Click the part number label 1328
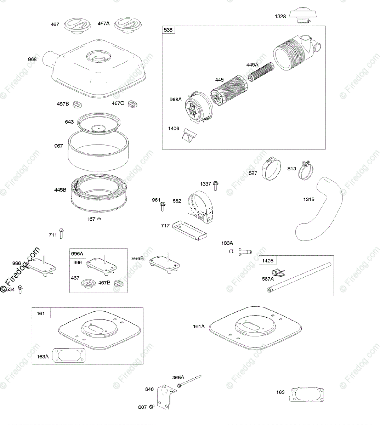coord(280,16)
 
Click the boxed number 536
coord(168,30)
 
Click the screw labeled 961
coord(163,206)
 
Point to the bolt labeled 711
coord(62,233)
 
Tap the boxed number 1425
coord(268,261)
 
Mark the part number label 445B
coord(60,190)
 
